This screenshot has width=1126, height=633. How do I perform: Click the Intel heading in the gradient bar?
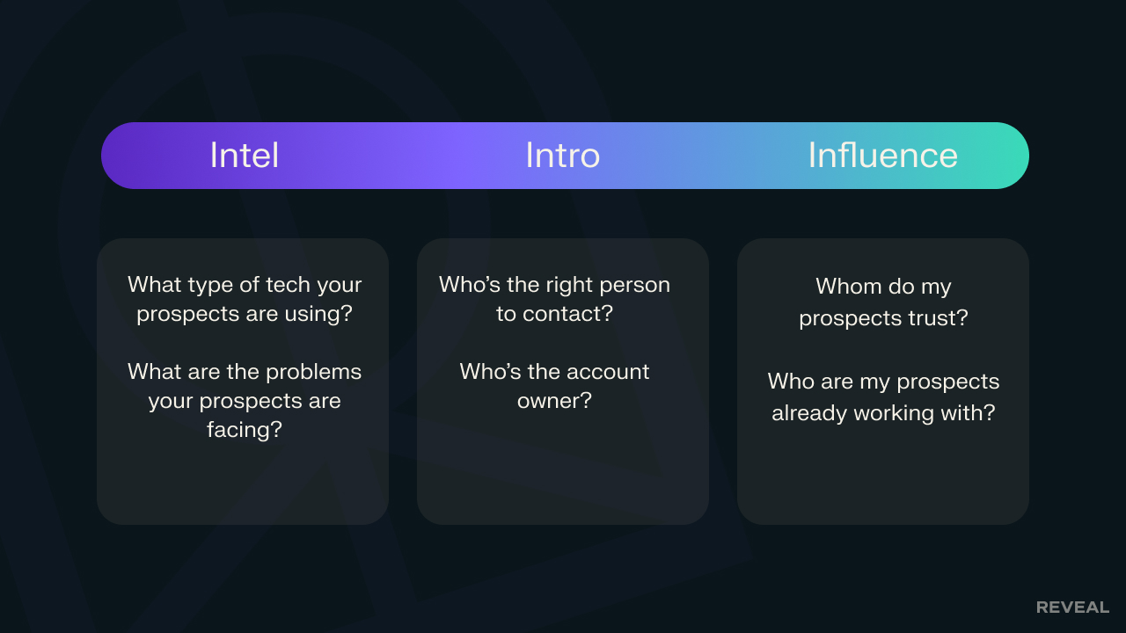tap(245, 156)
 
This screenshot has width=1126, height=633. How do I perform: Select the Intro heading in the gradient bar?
tap(562, 156)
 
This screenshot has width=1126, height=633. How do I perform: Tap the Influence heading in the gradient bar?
tap(882, 156)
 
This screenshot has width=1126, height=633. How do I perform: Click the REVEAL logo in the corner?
tap(1072, 608)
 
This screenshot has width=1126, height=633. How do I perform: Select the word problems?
tap(314, 372)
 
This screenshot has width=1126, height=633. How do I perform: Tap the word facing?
tap(245, 430)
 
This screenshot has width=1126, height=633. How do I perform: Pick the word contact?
tap(567, 314)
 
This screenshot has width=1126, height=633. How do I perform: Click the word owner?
tap(554, 401)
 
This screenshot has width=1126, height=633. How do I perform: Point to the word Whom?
tap(849, 287)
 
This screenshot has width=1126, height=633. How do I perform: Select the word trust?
tap(939, 318)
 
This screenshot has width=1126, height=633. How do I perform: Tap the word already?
tap(809, 413)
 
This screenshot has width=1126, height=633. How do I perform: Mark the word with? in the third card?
tap(968, 413)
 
